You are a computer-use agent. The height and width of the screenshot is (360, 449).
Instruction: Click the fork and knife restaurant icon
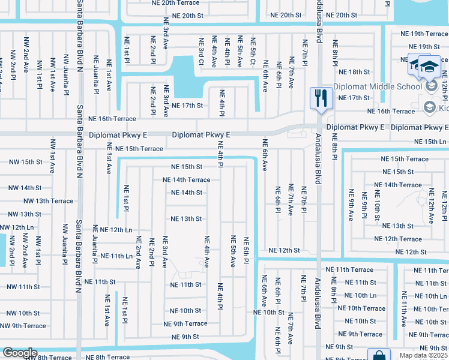click(x=320, y=98)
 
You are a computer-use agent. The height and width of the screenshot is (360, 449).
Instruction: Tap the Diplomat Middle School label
click(x=378, y=86)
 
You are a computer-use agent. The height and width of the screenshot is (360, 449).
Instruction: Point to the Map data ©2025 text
click(x=424, y=355)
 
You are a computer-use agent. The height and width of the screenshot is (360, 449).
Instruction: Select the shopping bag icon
click(x=379, y=355)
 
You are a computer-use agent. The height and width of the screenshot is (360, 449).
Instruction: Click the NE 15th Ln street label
click(x=430, y=141)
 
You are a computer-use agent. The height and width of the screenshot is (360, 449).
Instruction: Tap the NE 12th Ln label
click(x=116, y=230)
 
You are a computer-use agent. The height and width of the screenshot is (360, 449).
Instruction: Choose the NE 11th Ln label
click(x=116, y=256)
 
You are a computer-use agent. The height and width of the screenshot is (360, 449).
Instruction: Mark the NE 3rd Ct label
click(x=201, y=51)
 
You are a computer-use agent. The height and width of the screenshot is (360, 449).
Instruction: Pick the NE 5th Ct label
click(x=253, y=51)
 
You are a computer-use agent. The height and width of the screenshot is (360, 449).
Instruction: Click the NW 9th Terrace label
click(x=23, y=326)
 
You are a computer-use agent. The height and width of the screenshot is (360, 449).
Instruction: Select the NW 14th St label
click(x=25, y=188)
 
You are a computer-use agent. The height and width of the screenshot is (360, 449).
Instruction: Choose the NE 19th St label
click(x=424, y=47)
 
